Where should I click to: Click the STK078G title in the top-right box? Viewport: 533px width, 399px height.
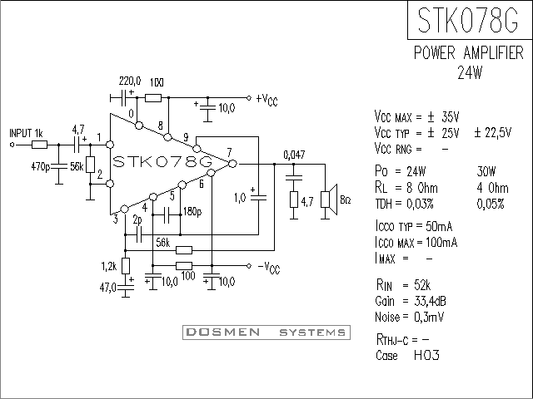tap(468, 20)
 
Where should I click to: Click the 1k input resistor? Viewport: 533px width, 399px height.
tap(39, 145)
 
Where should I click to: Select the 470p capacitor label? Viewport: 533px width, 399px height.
tap(41, 167)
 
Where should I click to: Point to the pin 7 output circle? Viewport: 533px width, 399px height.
tap(232, 164)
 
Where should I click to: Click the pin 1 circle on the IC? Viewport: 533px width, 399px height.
tap(110, 145)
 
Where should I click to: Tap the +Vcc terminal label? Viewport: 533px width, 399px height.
tap(267, 100)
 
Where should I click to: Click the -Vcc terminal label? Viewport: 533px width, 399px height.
tap(268, 268)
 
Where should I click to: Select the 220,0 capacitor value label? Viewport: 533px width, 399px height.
tap(130, 81)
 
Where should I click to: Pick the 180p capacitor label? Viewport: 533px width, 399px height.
tap(192, 212)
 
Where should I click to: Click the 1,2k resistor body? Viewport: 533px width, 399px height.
tap(126, 266)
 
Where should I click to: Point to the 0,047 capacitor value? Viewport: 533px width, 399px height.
tap(294, 155)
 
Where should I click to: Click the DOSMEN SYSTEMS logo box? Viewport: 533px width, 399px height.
tap(266, 332)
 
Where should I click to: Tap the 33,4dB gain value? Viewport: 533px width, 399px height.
tap(430, 301)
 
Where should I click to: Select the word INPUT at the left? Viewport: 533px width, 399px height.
tap(21, 133)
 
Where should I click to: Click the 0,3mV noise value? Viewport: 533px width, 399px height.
tap(429, 318)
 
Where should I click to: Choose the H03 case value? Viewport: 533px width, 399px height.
tap(426, 355)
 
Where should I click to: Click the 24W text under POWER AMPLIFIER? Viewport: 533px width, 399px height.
tap(470, 72)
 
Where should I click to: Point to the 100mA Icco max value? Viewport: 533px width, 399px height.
tap(441, 243)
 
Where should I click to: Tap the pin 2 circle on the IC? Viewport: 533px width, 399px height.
tap(110, 184)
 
